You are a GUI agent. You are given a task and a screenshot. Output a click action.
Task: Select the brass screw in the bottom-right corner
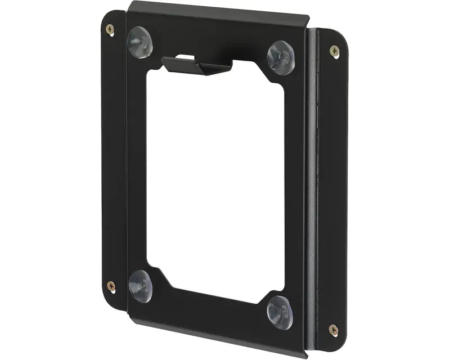click(x=333, y=328)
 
